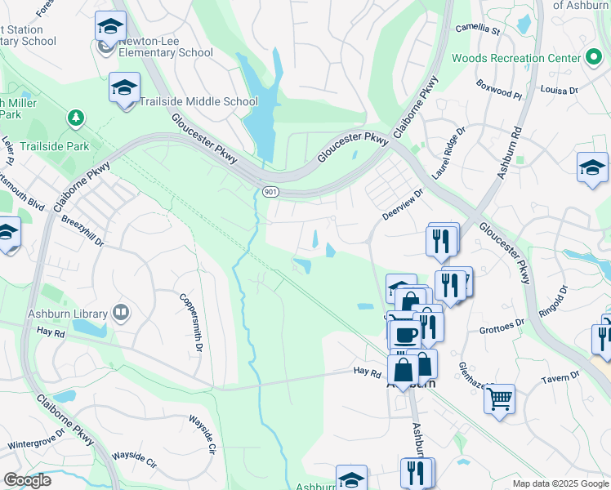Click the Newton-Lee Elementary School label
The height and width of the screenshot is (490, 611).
click(x=155, y=47)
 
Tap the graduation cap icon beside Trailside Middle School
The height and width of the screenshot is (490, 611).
click(x=124, y=88)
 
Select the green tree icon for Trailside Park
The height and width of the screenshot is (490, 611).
click(x=76, y=119)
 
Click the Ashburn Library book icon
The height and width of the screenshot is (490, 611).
click(x=121, y=313)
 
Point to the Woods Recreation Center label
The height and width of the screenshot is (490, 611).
click(x=515, y=58)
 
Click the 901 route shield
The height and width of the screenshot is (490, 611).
click(x=270, y=191)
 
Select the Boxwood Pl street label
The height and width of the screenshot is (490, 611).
click(x=499, y=95)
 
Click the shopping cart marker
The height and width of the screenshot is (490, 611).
click(x=499, y=399)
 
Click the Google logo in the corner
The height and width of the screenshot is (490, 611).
click(x=27, y=480)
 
